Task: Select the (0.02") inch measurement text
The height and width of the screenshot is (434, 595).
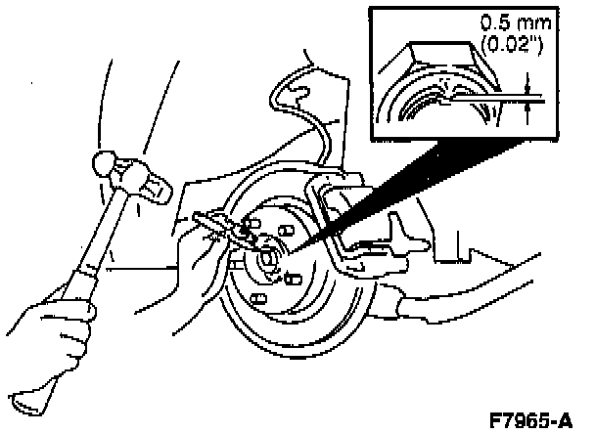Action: coord(512,45)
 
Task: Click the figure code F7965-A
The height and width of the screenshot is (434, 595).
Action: coord(530,420)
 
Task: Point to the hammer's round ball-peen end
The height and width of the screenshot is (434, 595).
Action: coord(104,163)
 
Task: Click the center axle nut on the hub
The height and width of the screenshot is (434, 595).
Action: coord(267,258)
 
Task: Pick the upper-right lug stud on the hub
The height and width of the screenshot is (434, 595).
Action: coord(286,230)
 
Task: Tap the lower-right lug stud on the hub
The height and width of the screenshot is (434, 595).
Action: coord(294,280)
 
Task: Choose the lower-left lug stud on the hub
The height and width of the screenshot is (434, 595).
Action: coord(258,299)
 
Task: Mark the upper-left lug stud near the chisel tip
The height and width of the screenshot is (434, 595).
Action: coord(253,223)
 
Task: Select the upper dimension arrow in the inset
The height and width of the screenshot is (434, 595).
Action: coord(526,83)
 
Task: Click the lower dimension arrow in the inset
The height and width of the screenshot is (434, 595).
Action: coord(527,113)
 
